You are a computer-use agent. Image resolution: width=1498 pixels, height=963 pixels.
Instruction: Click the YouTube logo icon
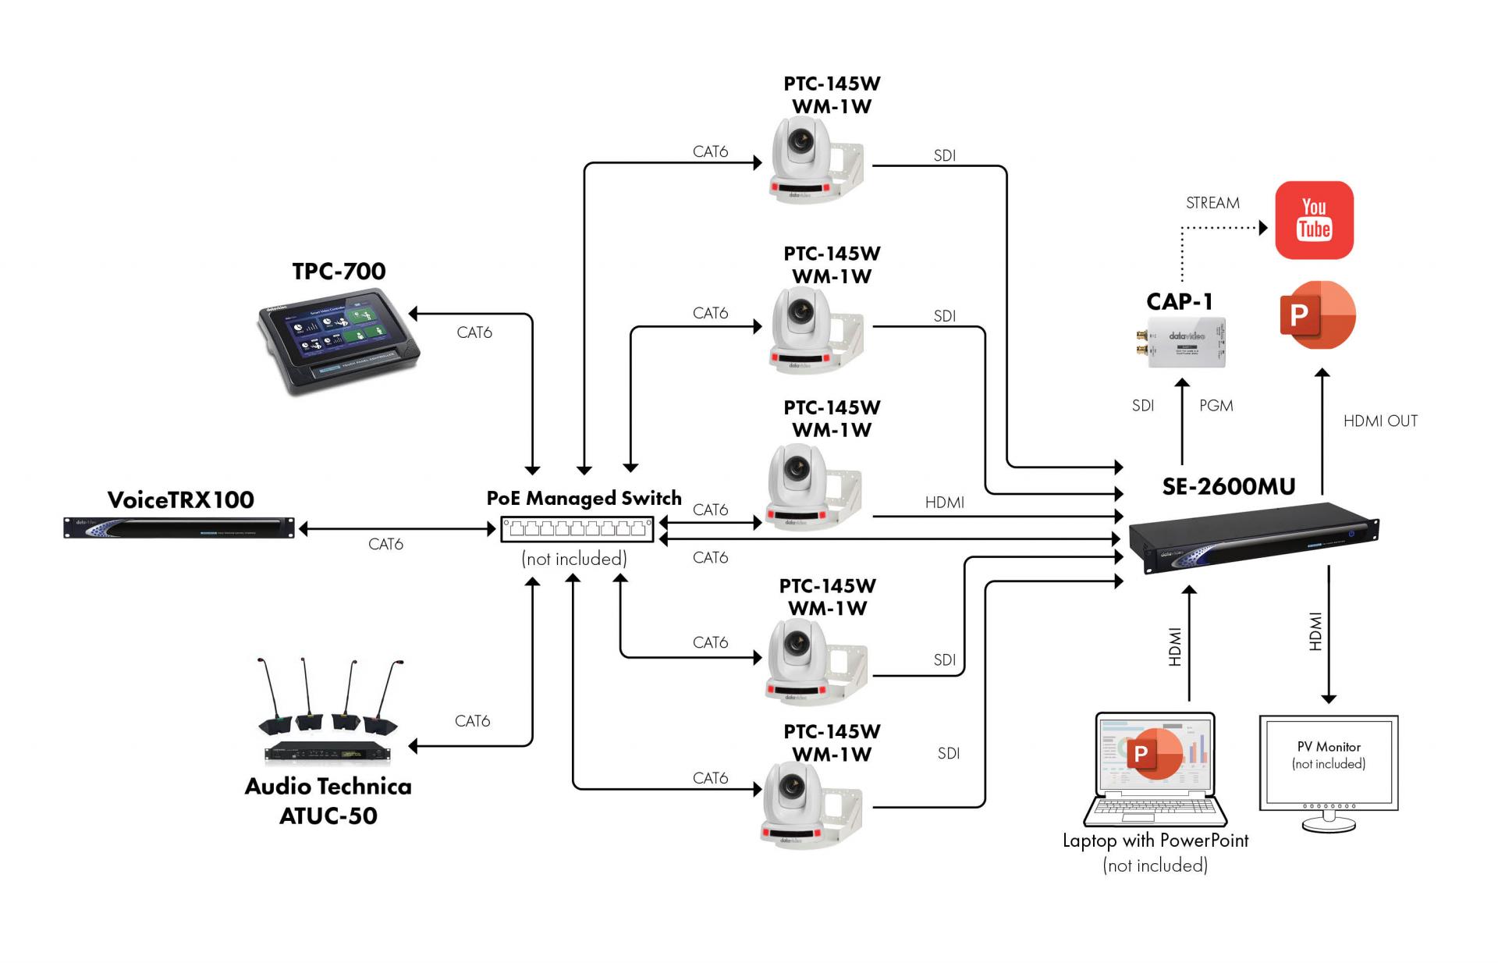point(1314,220)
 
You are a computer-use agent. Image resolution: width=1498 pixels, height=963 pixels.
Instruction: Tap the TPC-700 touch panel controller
point(339,341)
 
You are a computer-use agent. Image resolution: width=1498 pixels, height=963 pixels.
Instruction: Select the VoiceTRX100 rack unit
point(179,528)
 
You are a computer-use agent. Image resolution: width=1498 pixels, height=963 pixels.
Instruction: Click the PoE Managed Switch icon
point(577,530)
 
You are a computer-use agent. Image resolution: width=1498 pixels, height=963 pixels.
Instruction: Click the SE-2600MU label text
point(1228,487)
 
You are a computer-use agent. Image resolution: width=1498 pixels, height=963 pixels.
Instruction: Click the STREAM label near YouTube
point(1212,203)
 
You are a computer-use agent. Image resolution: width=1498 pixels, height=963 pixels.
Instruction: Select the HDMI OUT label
point(1380,421)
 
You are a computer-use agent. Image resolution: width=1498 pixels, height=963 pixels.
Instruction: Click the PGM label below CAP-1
point(1216,406)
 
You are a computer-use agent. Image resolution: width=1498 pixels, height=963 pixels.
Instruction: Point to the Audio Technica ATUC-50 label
point(328,801)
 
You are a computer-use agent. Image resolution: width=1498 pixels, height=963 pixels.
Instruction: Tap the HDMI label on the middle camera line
point(944,503)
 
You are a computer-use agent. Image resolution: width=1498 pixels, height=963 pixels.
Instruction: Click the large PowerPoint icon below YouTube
point(1318,315)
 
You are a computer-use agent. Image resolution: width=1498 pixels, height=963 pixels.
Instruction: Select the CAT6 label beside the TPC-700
point(474,332)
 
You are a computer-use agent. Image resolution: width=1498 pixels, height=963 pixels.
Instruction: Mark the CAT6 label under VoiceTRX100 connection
point(385,544)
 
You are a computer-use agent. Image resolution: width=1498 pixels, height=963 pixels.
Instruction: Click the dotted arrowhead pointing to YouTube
point(1263,228)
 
